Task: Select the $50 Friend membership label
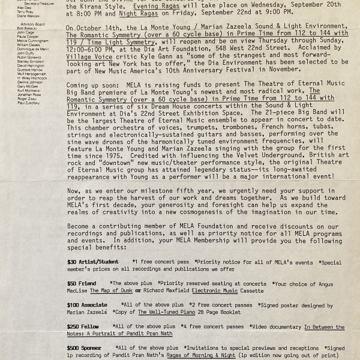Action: click(x=82, y=283)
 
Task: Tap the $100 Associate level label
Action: click(x=88, y=305)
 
